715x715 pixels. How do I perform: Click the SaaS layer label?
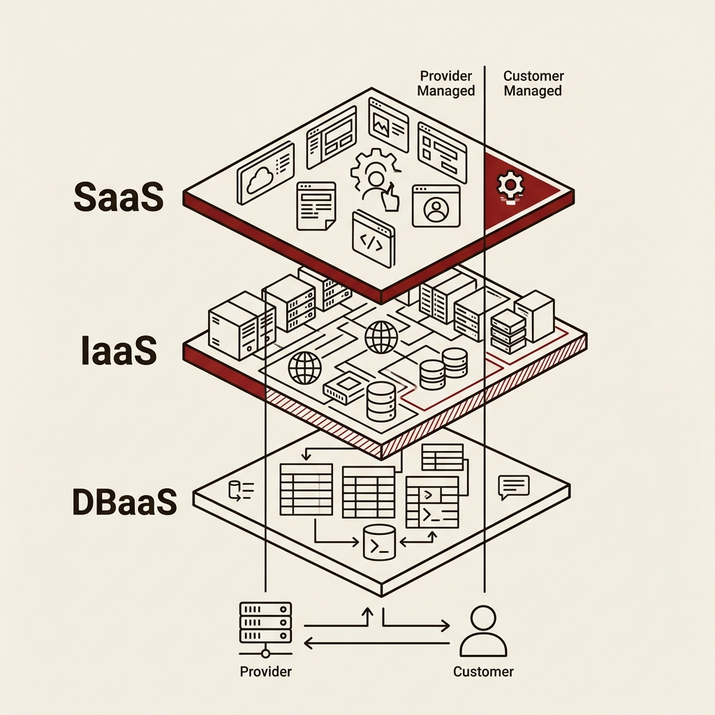click(x=119, y=198)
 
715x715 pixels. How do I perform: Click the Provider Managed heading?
click(x=446, y=83)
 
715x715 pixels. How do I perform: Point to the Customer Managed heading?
click(x=533, y=83)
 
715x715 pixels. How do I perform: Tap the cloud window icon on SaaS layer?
click(x=264, y=175)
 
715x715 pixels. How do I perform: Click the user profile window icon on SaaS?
click(x=436, y=207)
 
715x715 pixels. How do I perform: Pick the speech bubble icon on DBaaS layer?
click(x=514, y=487)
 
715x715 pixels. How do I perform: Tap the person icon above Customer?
click(x=483, y=631)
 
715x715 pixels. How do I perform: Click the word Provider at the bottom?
click(x=265, y=672)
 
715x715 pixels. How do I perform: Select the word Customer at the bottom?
click(x=483, y=672)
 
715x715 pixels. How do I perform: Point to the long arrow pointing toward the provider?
click(x=377, y=643)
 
